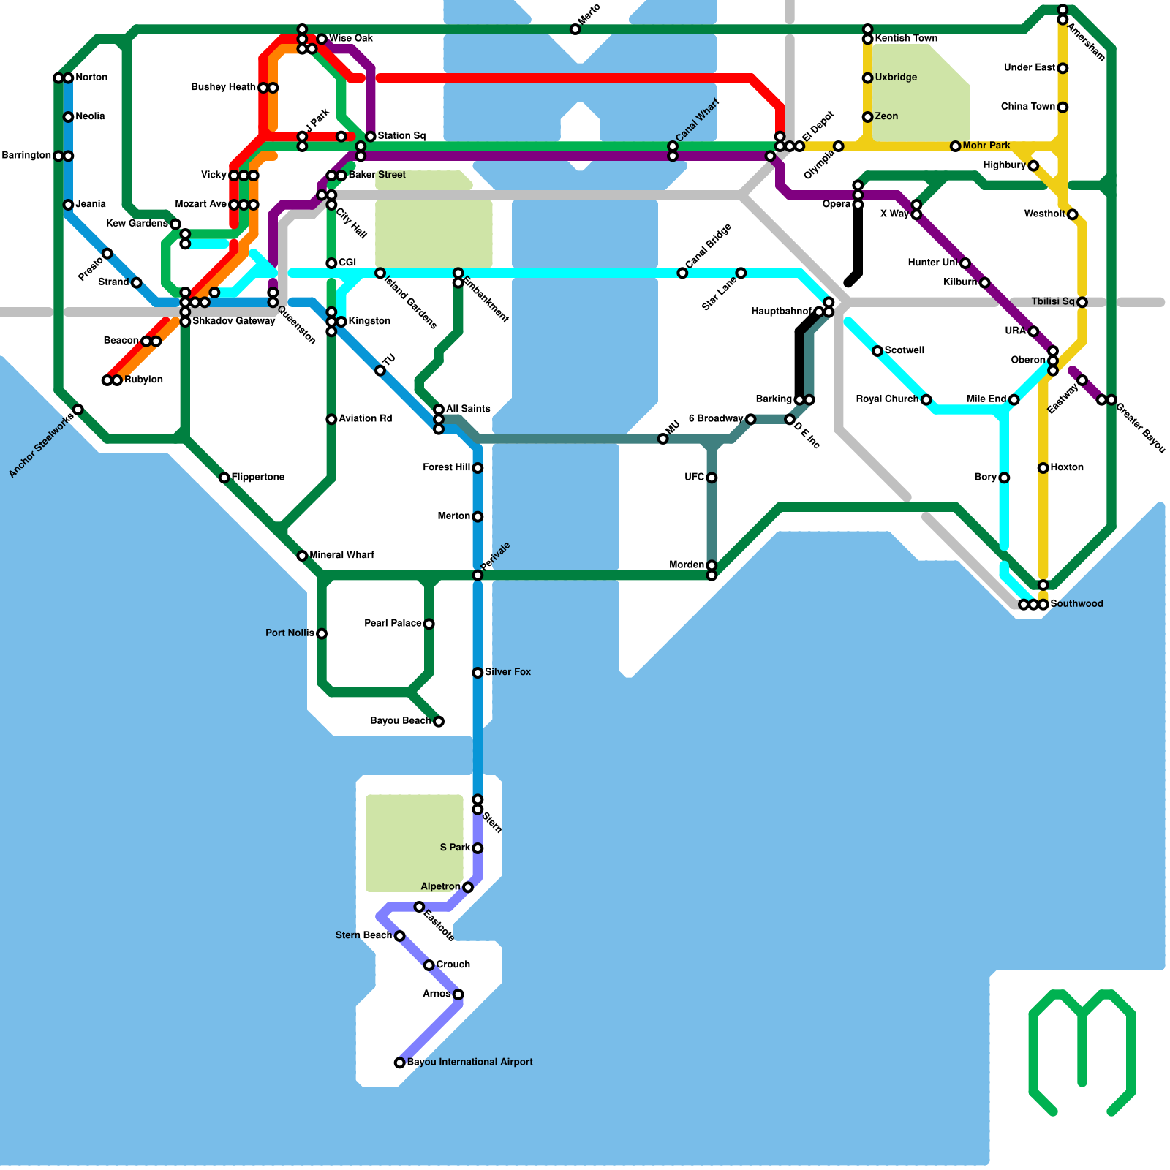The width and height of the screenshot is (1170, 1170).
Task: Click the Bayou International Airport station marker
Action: click(399, 1063)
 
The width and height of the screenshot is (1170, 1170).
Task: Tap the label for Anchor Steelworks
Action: click(41, 446)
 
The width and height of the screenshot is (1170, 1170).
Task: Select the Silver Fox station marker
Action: click(478, 673)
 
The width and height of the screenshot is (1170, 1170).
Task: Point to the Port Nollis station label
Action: click(290, 633)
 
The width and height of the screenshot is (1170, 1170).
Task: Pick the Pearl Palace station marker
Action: click(429, 624)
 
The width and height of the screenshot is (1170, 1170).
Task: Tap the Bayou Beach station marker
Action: click(439, 722)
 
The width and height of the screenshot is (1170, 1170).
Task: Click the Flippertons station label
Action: click(258, 478)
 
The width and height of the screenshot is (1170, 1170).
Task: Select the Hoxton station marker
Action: click(1043, 468)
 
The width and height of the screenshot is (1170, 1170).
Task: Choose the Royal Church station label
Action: click(887, 399)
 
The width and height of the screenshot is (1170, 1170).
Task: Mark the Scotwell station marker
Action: click(877, 352)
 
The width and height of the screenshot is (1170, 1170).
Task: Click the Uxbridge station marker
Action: click(867, 78)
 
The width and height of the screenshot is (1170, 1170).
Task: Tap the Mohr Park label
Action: click(986, 146)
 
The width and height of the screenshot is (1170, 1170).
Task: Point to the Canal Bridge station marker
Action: click(682, 273)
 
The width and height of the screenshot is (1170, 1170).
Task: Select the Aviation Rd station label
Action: click(365, 419)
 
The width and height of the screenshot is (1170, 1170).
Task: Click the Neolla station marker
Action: click(68, 117)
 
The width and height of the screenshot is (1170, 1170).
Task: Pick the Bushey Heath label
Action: click(223, 88)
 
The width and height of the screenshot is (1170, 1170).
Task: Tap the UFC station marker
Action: click(712, 478)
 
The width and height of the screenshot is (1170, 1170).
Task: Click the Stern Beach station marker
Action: click(399, 936)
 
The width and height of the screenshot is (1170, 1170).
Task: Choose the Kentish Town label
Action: click(906, 39)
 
